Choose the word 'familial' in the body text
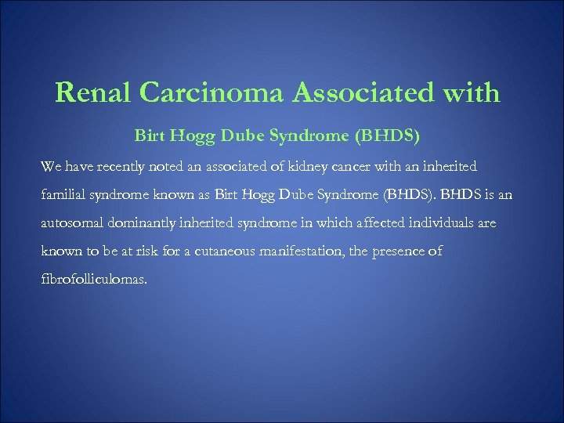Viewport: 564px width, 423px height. pos(61,195)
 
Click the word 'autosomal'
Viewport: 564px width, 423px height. pos(70,223)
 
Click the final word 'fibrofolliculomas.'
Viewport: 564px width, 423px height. pos(93,280)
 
